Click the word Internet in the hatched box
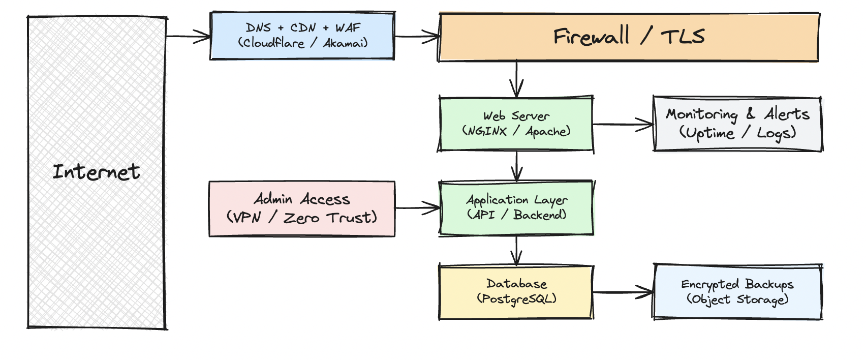96,172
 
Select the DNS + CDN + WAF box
302,36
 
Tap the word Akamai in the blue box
344,44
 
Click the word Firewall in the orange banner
591,37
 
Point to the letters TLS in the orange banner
683,37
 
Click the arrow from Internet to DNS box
188,36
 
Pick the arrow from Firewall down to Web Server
516,79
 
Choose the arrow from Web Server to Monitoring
623,124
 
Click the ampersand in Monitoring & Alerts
750,114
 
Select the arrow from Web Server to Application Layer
516,166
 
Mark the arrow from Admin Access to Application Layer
417,208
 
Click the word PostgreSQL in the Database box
517,299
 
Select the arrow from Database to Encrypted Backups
623,292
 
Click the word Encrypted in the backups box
709,285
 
